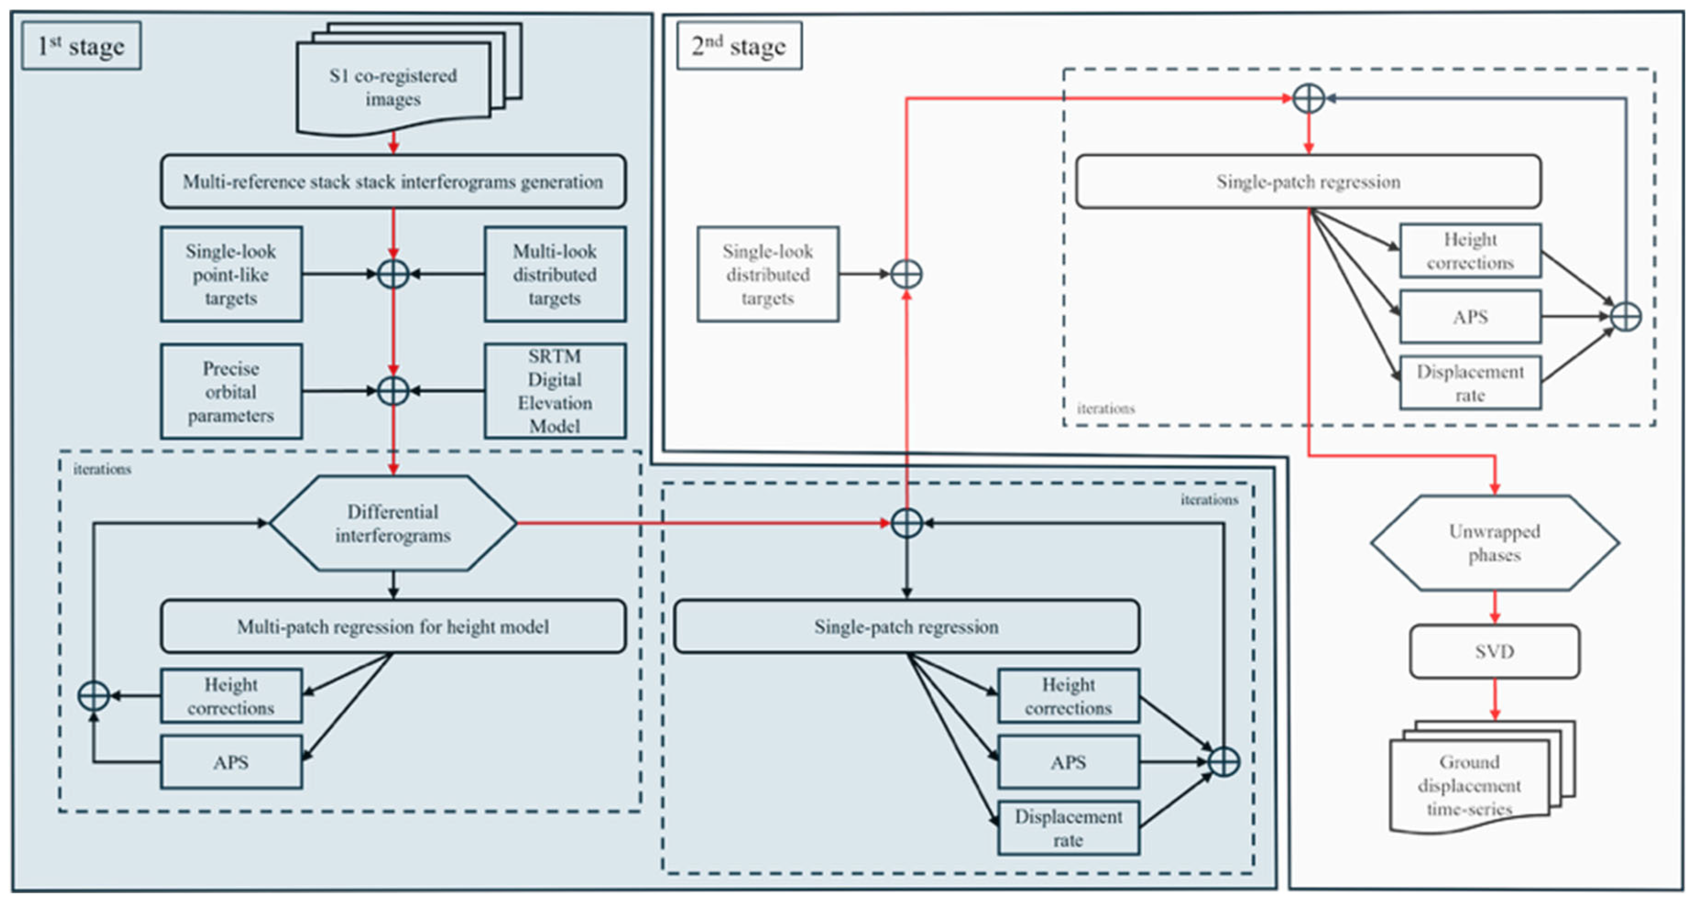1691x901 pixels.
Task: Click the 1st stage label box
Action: [x=81, y=45]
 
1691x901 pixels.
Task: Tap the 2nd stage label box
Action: [x=739, y=45]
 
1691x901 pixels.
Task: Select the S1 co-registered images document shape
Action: [x=409, y=79]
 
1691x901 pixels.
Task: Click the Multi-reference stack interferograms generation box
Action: [x=393, y=182]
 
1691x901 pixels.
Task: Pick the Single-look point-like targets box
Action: [x=231, y=275]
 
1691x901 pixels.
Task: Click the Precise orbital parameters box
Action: [x=231, y=391]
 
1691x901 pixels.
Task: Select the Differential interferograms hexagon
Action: [x=393, y=523]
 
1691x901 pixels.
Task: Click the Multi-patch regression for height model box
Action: [x=393, y=626]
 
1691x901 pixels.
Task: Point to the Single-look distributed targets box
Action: [x=768, y=275]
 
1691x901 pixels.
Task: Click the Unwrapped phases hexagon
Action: [x=1495, y=543]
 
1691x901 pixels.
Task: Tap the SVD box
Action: [x=1495, y=651]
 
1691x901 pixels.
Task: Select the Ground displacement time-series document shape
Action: [x=1482, y=778]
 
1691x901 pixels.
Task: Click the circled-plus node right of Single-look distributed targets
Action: [x=907, y=275]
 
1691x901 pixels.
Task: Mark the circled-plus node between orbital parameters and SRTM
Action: [x=393, y=391]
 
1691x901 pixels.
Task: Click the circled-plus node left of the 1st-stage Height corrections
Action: [x=94, y=696]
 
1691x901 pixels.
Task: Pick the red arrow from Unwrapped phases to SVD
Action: [x=1495, y=607]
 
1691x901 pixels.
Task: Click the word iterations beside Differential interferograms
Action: [x=102, y=469]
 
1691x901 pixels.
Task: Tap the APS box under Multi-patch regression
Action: [x=231, y=762]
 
